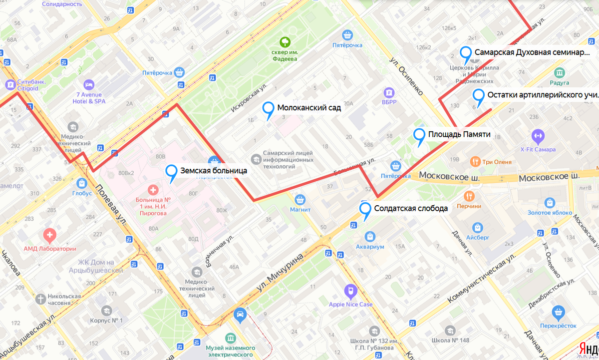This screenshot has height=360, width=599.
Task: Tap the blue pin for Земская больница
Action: tap(171, 172)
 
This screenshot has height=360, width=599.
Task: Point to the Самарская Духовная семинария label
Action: tap(532, 52)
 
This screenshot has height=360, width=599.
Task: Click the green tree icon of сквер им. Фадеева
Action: tap(285, 41)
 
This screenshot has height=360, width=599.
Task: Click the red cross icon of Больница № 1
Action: tap(153, 190)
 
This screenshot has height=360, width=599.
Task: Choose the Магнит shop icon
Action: tap(300, 200)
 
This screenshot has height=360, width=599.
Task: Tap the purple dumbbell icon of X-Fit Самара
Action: tap(538, 135)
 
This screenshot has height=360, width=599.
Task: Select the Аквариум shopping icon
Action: tap(370, 236)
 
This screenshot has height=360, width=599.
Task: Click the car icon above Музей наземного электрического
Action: tap(240, 315)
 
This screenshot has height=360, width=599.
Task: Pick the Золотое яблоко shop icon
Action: tap(550, 203)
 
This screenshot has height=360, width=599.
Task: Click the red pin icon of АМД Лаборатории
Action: tap(49, 234)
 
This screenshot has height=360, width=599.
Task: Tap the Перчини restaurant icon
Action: tap(469, 196)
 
